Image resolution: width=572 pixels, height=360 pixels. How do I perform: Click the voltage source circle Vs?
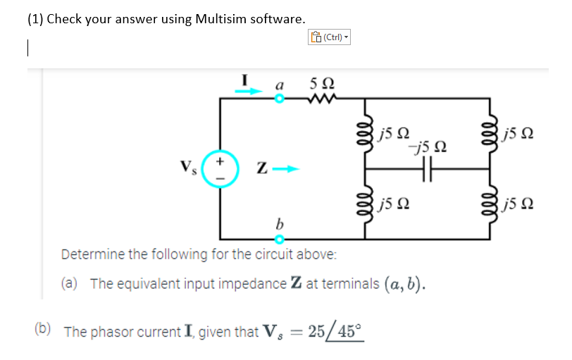[x=220, y=170]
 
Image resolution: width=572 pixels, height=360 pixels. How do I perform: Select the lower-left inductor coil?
[x=365, y=205]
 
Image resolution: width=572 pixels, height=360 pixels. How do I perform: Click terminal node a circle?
[x=278, y=99]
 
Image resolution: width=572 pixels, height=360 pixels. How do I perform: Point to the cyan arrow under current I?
[x=249, y=90]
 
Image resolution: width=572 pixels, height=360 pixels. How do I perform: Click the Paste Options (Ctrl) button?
[x=329, y=37]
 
